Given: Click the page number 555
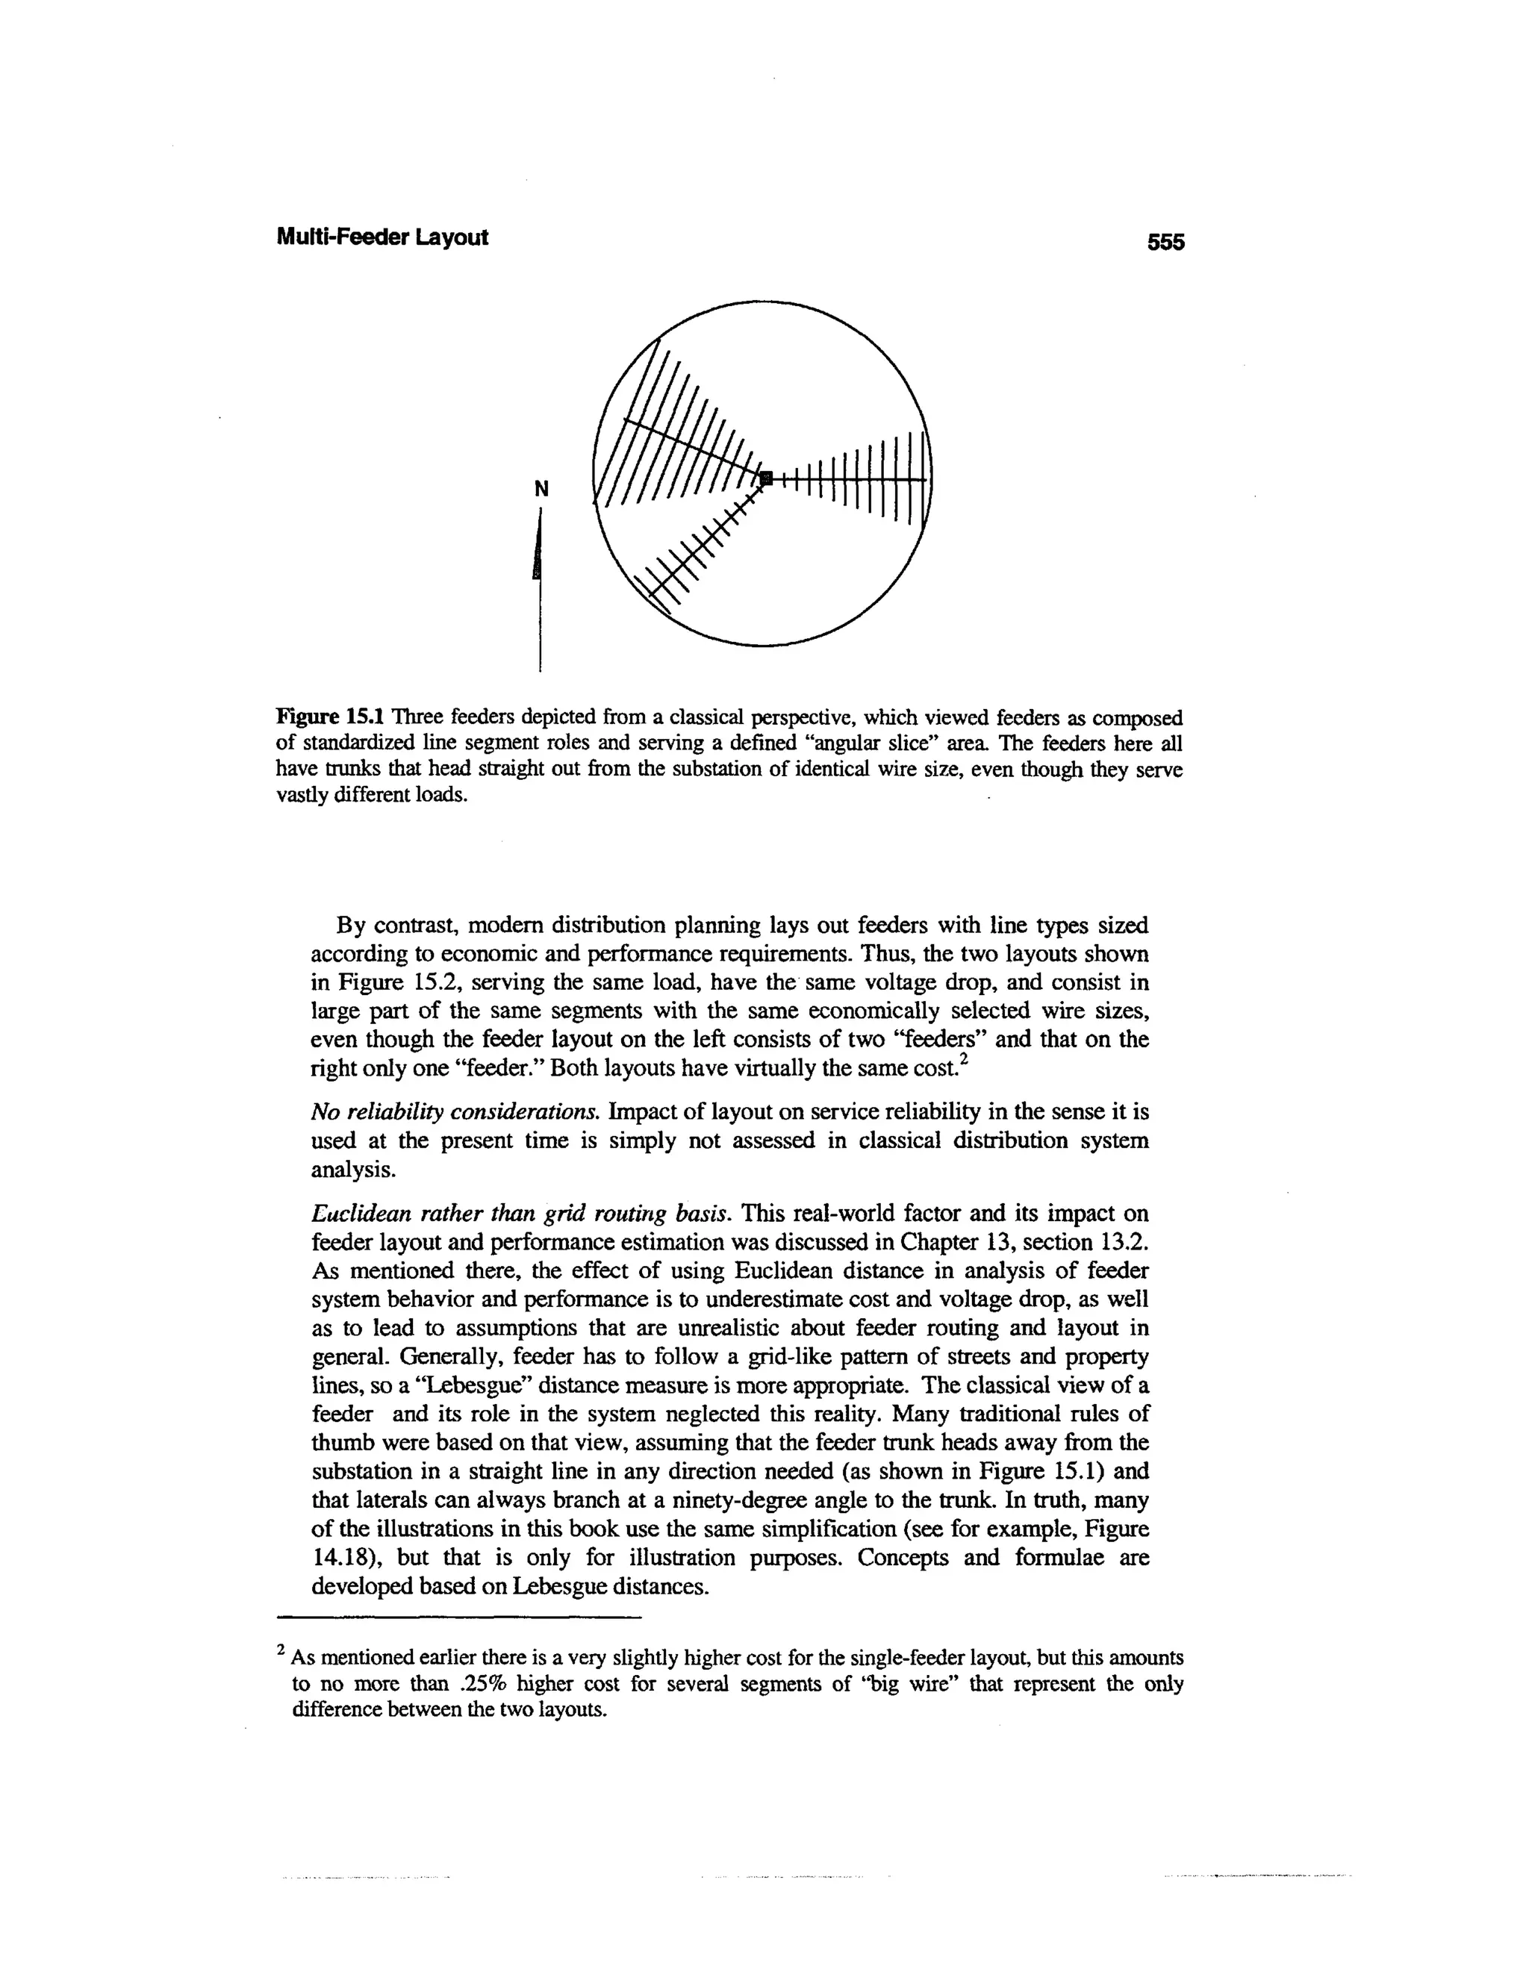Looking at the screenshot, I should (x=1165, y=242).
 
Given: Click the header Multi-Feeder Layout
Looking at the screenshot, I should (x=382, y=237).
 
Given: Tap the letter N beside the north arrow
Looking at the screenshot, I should (x=541, y=489).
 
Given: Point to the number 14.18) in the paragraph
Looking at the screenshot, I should (x=341, y=1558).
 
